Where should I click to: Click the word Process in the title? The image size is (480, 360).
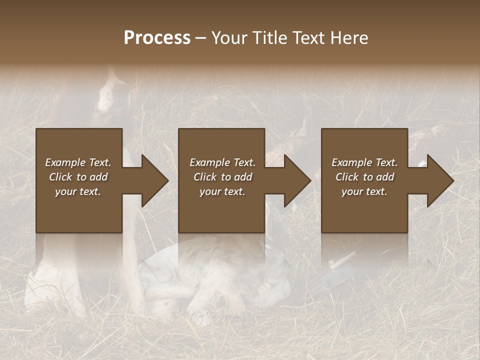157,38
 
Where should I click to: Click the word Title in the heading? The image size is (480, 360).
269,38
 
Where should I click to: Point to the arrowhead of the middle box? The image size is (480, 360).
297,180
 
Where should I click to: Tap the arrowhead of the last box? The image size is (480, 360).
440,180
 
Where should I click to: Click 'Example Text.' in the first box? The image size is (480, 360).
78,162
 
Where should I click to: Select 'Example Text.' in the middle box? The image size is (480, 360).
222,162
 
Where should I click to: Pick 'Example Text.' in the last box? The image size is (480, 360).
364,162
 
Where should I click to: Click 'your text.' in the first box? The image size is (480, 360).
78,191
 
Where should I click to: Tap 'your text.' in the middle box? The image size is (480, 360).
222,191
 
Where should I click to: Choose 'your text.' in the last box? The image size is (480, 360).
364,191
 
